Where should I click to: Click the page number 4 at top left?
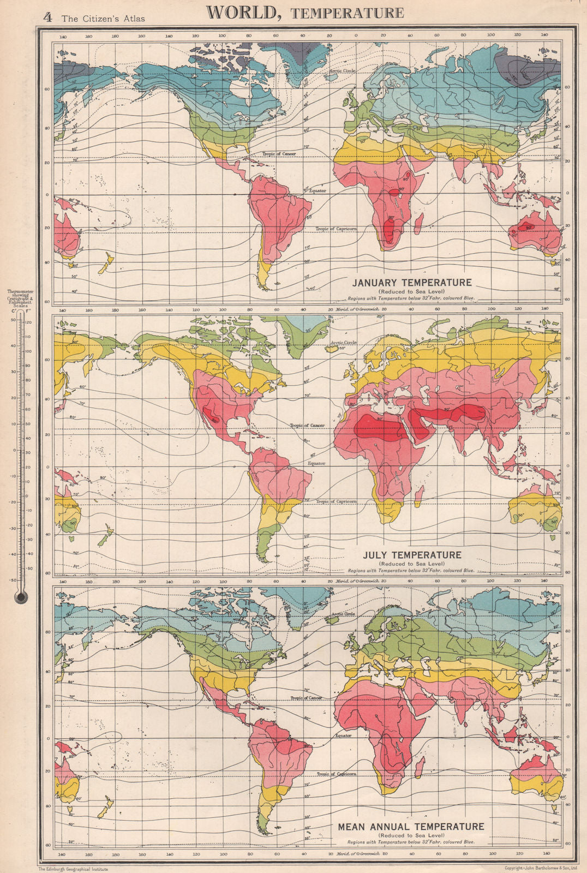pyautogui.click(x=47, y=17)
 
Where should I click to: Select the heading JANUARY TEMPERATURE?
pyautogui.click(x=411, y=283)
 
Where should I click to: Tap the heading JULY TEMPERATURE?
pyautogui.click(x=412, y=555)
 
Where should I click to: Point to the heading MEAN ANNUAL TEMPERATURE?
pyautogui.click(x=411, y=827)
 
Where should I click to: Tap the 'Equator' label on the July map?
pyautogui.click(x=317, y=463)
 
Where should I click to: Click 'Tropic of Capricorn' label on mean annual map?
pyautogui.click(x=337, y=774)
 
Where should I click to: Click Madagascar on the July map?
pyautogui.click(x=418, y=494)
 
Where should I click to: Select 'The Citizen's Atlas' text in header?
pyautogui.click(x=103, y=19)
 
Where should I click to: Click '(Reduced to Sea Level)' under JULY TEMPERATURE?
pyautogui.click(x=412, y=564)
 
